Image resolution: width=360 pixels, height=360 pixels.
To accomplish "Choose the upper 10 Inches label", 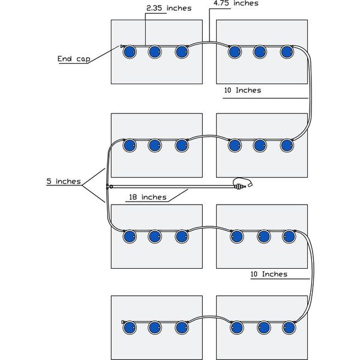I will point(242,90).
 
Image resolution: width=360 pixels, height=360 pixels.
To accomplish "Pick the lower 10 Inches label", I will point(268,274).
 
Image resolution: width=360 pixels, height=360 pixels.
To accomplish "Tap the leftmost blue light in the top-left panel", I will point(128,52).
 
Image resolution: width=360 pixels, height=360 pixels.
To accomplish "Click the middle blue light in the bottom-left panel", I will point(155,328).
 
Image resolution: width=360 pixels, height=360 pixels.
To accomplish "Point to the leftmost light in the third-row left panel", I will point(128,236).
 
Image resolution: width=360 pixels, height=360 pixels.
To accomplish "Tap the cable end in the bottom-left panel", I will point(122,322).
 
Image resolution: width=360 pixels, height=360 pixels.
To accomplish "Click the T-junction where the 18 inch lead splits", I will point(107,187).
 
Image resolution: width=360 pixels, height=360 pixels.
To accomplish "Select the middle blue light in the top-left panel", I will point(155,52).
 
